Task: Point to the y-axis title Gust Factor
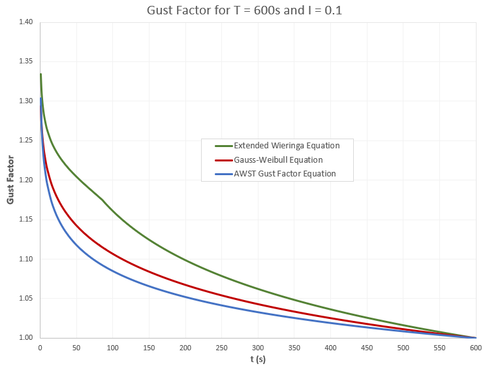(x=10, y=180)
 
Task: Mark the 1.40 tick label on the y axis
(x=25, y=22)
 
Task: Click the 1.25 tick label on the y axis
(x=25, y=141)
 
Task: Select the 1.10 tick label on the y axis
(x=25, y=259)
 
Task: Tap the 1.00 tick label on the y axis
(x=25, y=338)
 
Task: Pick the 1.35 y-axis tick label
(x=25, y=61)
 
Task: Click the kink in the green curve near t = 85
(x=102, y=199)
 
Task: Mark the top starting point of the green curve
(x=40, y=74)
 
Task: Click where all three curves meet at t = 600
(x=476, y=337)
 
